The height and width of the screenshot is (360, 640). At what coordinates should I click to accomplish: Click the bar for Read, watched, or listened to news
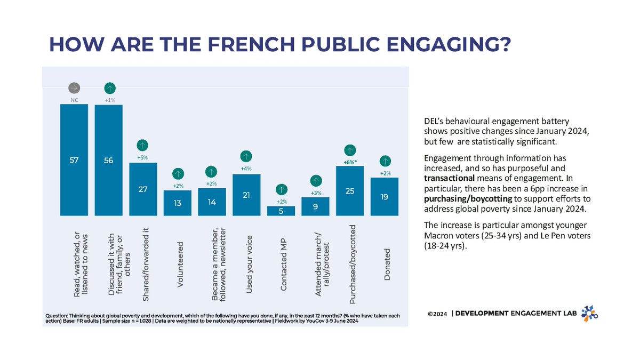coord(74,160)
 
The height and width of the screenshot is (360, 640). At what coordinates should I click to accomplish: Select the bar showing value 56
coord(109,160)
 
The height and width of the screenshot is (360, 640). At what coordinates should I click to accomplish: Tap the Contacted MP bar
coord(281,211)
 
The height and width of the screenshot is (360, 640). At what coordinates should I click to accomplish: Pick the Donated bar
coord(385,197)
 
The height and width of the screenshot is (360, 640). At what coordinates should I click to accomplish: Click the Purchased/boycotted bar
coord(350,191)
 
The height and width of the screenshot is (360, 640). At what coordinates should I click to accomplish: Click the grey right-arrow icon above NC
coord(75,87)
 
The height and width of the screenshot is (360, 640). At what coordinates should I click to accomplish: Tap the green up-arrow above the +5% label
coord(143,145)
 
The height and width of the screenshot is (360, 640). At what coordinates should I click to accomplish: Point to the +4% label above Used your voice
coord(246,169)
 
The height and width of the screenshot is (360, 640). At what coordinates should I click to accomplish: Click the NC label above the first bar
coord(75,99)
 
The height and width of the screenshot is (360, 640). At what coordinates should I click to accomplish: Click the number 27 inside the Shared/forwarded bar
coord(143,189)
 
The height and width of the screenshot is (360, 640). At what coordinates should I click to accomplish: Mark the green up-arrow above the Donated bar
coord(385,161)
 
